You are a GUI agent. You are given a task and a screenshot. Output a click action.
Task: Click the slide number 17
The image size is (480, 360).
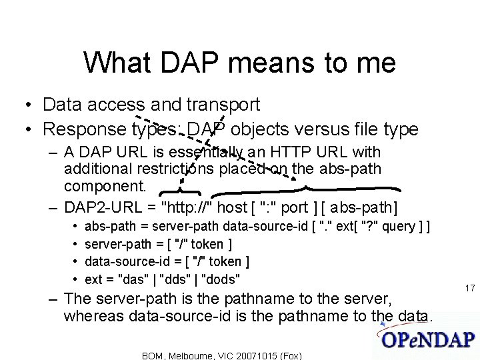tap(469, 288)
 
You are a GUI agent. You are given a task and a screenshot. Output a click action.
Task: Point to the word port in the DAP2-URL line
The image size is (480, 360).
tap(295, 207)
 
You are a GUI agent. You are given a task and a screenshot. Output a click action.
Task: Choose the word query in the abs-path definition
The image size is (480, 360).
tap(398, 227)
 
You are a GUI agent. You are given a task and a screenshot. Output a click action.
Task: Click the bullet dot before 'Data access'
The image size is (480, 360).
tap(23, 105)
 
